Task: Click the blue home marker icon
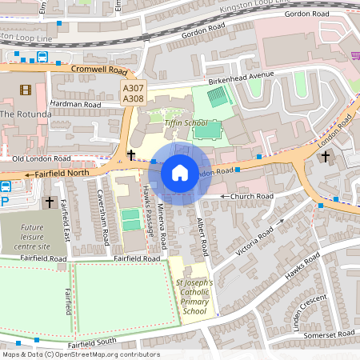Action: pyautogui.click(x=180, y=173)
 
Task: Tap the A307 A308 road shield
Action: pyautogui.click(x=133, y=92)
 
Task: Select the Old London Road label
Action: pyautogui.click(x=42, y=158)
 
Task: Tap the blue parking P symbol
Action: pyautogui.click(x=5, y=203)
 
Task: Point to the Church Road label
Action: pyautogui.click(x=251, y=196)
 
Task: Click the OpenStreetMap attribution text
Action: pyautogui.click(x=81, y=354)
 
